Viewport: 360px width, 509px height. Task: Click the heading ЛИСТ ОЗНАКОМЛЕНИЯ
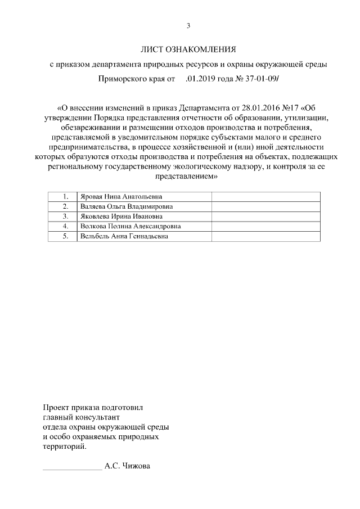(x=188, y=50)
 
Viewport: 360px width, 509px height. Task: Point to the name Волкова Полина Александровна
(x=130, y=226)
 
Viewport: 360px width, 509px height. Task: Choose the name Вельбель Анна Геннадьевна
(x=125, y=236)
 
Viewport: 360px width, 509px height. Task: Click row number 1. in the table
(x=66, y=197)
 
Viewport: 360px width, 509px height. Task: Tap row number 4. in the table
(x=66, y=226)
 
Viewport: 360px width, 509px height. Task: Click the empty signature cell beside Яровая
(x=265, y=197)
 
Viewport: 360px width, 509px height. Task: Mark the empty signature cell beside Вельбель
(x=265, y=236)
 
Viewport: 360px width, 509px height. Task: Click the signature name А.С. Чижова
(x=128, y=466)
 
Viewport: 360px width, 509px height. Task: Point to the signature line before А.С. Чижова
(x=72, y=467)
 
